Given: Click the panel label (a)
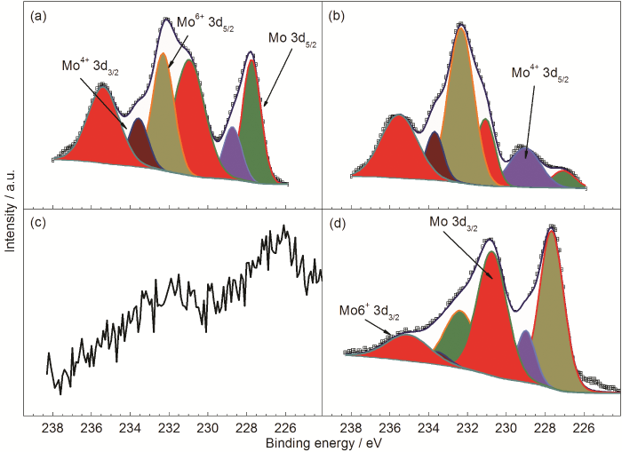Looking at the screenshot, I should point(38,15).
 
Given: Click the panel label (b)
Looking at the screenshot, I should point(339,15).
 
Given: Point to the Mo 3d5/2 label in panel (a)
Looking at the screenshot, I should point(291,38).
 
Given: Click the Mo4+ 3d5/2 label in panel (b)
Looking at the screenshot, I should point(543,74).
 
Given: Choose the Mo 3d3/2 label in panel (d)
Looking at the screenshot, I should point(454,221).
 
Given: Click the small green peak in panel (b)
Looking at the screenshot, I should point(566,180).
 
